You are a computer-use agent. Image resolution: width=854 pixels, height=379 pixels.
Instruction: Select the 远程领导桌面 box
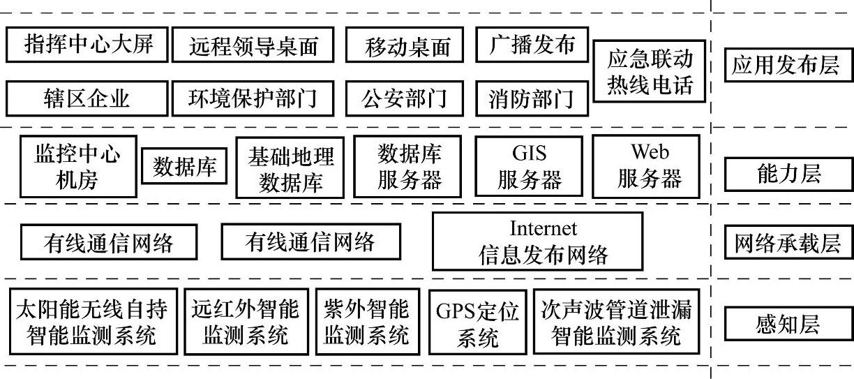[x=253, y=45]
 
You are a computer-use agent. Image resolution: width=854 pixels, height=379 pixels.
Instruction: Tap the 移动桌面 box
[x=404, y=46]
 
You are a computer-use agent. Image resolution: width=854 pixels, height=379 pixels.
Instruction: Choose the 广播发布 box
[x=532, y=45]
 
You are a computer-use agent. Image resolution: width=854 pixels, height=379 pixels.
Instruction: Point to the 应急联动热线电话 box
[x=650, y=72]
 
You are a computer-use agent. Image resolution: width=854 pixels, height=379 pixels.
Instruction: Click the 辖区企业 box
[x=87, y=98]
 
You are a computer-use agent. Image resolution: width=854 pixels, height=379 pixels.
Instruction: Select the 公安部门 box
[x=404, y=98]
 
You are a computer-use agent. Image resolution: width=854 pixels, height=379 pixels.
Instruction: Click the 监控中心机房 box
[x=77, y=167]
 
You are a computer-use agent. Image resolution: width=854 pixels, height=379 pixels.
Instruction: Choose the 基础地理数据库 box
[x=290, y=168]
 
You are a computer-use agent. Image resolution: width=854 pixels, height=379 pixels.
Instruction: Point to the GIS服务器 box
[x=529, y=166]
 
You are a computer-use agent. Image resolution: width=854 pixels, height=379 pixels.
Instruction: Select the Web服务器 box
[x=649, y=166]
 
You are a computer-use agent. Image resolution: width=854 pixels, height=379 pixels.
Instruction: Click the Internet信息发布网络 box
[x=537, y=241]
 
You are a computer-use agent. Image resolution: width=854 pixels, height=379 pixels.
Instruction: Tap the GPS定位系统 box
[x=478, y=323]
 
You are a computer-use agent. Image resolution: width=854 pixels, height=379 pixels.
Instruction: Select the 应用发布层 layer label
[x=786, y=66]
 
